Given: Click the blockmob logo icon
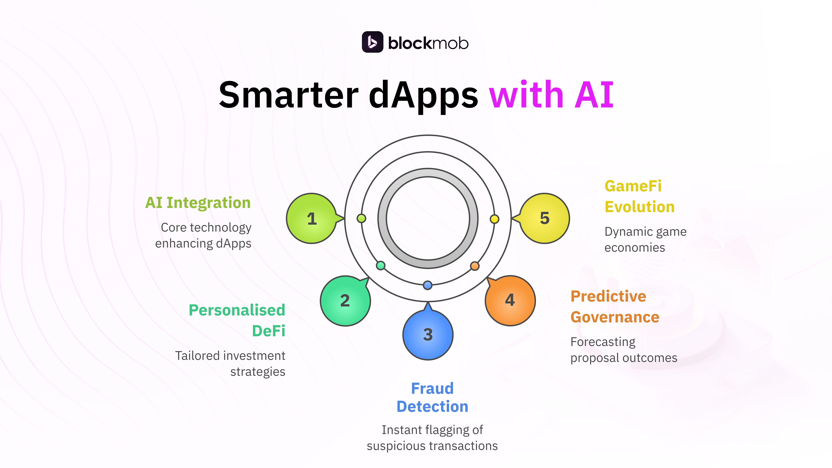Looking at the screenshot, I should pyautogui.click(x=372, y=42).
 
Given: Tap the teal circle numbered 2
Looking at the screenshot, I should pyautogui.click(x=345, y=301).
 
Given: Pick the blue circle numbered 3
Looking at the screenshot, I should pyautogui.click(x=428, y=335).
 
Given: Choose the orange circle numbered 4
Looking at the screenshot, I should pyautogui.click(x=510, y=300).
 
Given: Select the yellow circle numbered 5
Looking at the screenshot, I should pyautogui.click(x=545, y=218).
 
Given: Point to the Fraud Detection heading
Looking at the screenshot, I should pyautogui.click(x=432, y=397).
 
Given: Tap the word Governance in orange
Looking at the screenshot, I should pyautogui.click(x=615, y=317).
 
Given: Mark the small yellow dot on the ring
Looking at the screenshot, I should pyautogui.click(x=494, y=219).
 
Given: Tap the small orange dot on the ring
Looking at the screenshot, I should pyautogui.click(x=474, y=266).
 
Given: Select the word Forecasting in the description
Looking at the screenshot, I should pyautogui.click(x=603, y=342).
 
